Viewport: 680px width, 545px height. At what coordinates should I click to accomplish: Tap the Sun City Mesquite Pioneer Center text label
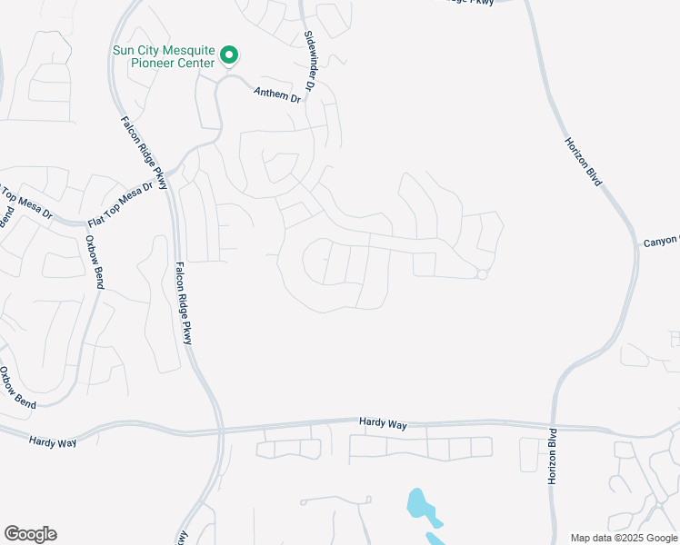[x=164, y=56]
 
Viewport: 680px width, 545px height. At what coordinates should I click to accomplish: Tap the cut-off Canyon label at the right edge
[x=661, y=241]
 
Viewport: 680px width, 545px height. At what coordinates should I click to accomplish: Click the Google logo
[x=30, y=534]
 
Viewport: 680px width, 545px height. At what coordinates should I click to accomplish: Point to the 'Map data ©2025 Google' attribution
[x=625, y=538]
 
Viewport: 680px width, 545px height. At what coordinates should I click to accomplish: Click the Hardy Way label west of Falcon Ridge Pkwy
[x=52, y=441]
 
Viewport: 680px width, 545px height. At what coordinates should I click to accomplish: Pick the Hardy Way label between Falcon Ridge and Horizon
[x=383, y=422]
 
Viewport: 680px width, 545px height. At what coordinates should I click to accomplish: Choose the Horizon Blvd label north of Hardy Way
[x=584, y=162]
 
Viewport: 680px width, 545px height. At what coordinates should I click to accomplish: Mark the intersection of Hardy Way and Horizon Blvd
[x=552, y=425]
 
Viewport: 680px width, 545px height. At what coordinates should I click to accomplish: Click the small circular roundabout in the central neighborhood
[x=483, y=274]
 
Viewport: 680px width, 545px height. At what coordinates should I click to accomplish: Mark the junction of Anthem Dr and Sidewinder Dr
[x=308, y=99]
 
